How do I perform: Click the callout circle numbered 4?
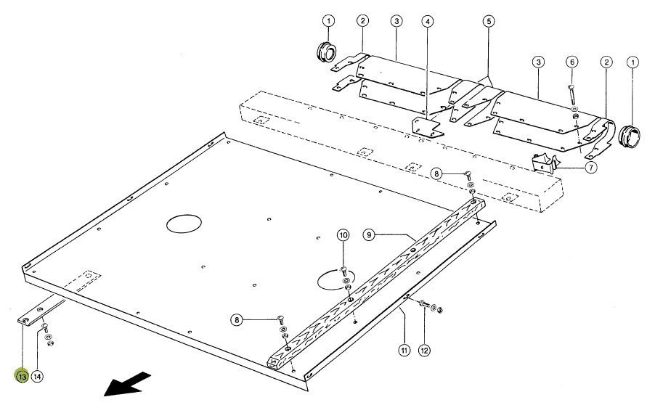tap(427, 21)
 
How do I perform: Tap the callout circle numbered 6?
tap(572, 62)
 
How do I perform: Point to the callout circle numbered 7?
tap(590, 168)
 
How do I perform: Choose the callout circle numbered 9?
tap(369, 235)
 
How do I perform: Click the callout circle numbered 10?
tap(343, 235)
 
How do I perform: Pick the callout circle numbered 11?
tap(404, 350)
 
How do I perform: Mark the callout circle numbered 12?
tap(424, 350)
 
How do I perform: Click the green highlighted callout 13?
tap(22, 376)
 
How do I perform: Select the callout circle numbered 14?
tap(37, 377)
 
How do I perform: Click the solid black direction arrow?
tap(127, 384)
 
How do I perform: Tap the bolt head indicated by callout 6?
tap(571, 87)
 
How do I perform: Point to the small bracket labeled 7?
tap(545, 163)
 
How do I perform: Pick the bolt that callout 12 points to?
tap(423, 303)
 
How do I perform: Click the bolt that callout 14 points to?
tap(45, 327)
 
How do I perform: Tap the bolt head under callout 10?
tap(343, 269)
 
